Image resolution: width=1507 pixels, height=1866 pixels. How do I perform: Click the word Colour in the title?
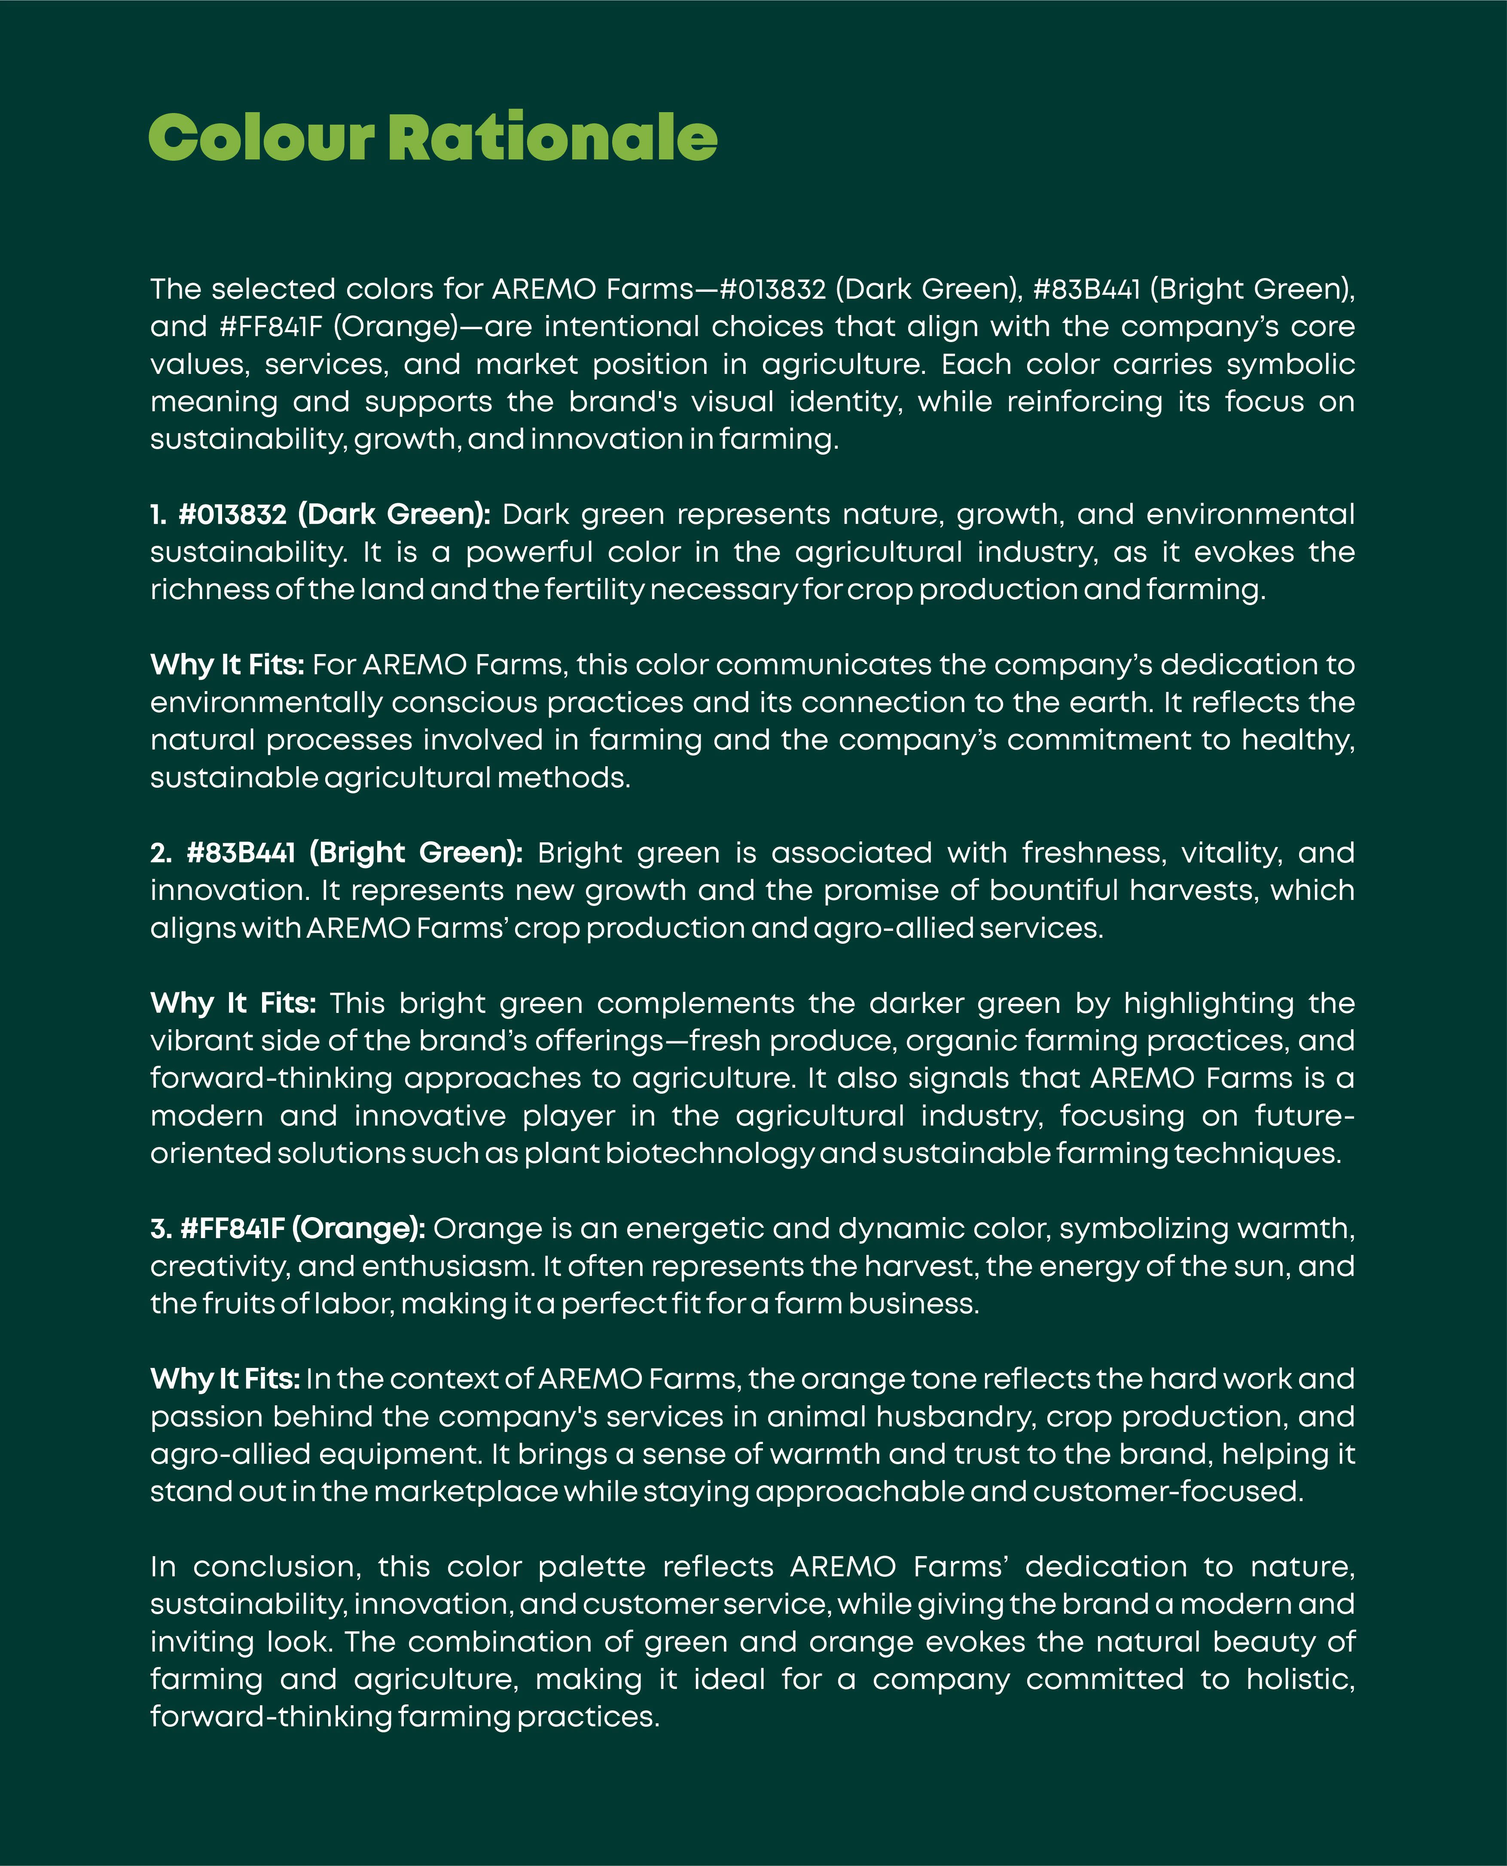click(260, 139)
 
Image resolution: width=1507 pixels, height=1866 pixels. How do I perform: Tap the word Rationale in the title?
click(552, 139)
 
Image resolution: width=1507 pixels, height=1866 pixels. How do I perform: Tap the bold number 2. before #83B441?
click(161, 853)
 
